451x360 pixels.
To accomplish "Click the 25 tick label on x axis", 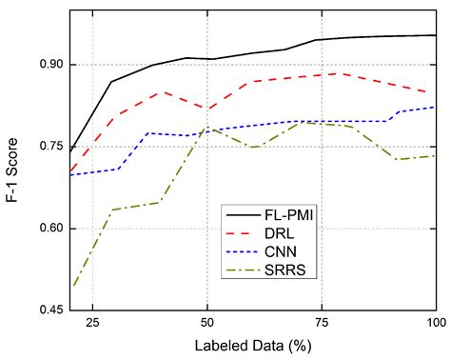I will (92, 324).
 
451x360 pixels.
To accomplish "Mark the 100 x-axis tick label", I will (433, 324).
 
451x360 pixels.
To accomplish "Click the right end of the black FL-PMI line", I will (435, 35).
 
